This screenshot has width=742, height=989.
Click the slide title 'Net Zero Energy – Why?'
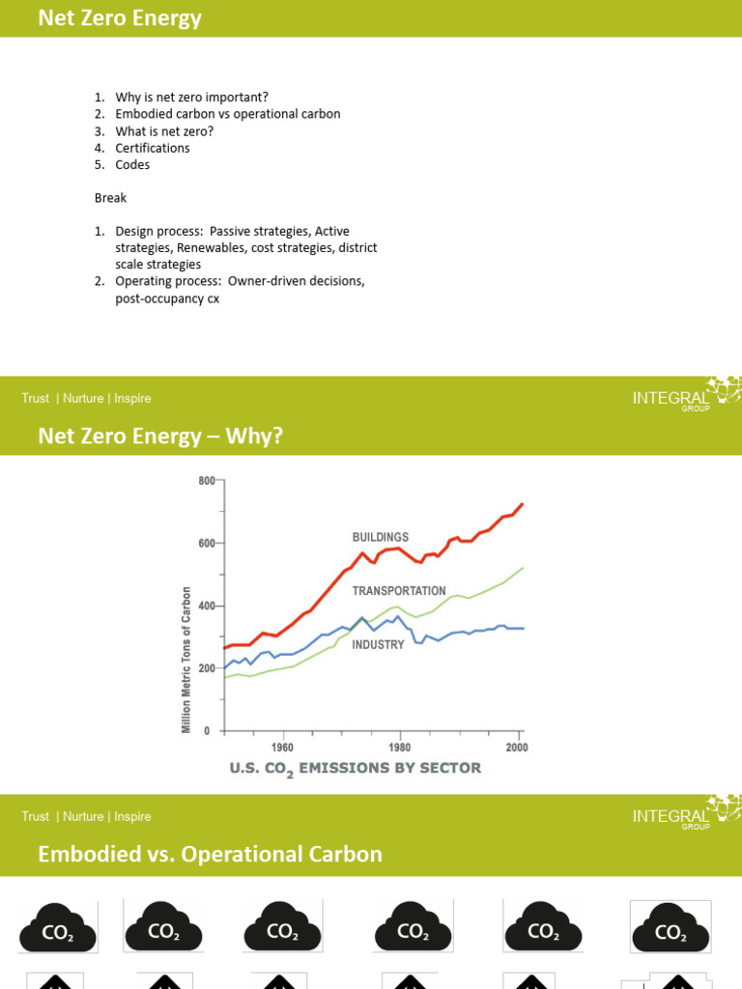(x=160, y=437)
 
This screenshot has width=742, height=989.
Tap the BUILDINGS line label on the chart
(x=380, y=537)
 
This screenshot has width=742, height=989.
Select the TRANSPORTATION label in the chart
(x=399, y=591)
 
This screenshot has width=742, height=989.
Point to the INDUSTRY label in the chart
(x=378, y=644)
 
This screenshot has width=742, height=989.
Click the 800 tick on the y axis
(x=207, y=481)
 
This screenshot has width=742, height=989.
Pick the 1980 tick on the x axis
(x=399, y=747)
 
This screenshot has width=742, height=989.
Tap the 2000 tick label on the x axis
(x=516, y=747)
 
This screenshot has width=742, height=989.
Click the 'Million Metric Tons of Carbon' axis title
(x=186, y=660)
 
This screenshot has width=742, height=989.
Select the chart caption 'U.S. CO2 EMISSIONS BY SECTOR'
(x=355, y=769)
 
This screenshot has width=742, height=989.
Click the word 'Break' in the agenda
(x=110, y=198)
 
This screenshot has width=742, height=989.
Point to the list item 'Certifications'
(x=153, y=148)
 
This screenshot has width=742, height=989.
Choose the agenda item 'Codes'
(x=132, y=164)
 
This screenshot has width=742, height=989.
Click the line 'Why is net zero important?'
(x=192, y=98)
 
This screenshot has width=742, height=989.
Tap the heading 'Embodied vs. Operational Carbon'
(x=210, y=855)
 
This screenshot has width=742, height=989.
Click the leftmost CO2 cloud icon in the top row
(x=58, y=929)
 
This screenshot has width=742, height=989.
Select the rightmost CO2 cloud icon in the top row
(x=670, y=929)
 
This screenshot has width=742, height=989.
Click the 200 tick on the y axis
(x=207, y=668)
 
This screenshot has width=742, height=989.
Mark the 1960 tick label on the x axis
(x=282, y=747)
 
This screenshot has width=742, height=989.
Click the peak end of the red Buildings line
(x=522, y=504)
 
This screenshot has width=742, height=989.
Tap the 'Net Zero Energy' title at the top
(x=120, y=18)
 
